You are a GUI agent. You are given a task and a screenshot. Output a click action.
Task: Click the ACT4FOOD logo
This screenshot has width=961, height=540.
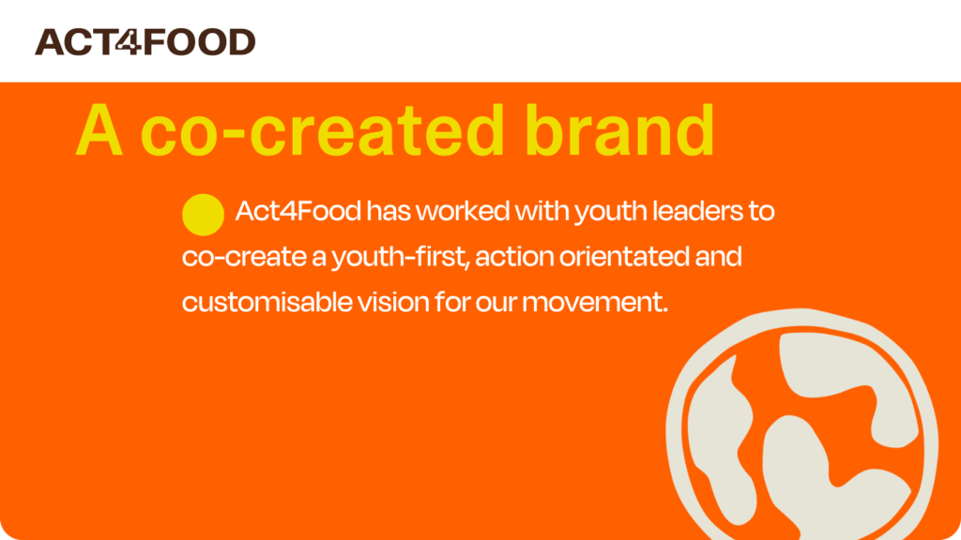pos(145,41)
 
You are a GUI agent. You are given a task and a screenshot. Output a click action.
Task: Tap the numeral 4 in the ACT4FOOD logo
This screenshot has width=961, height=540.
pos(129,41)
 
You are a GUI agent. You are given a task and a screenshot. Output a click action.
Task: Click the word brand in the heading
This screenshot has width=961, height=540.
pos(619,129)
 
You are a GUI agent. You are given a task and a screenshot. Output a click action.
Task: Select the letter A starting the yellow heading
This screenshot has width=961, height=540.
pos(99,130)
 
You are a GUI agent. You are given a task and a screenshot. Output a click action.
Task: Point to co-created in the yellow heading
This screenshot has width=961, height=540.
pos(323,130)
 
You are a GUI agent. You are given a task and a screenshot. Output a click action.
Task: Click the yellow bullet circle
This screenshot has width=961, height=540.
pos(203,215)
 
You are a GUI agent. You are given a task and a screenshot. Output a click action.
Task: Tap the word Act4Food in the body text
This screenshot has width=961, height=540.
pos(297,211)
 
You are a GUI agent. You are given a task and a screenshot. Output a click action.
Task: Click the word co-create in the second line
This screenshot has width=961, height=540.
pos(244,257)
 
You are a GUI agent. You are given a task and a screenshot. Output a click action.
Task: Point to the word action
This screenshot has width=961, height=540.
pos(514,257)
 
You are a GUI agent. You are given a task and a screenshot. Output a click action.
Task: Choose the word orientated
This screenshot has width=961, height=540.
pos(624,257)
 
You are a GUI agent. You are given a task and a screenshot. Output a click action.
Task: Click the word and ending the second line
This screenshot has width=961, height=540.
pos(718,257)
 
